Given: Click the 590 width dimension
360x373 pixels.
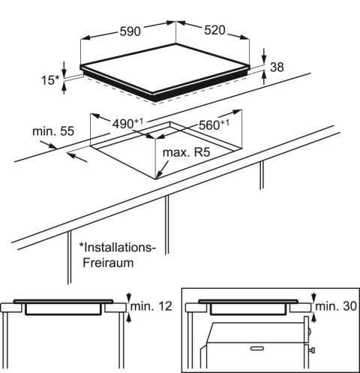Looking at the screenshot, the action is tap(130, 32).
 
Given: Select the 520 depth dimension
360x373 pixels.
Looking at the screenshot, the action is tap(214, 30).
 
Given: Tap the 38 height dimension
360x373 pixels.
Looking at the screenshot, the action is tap(277, 67).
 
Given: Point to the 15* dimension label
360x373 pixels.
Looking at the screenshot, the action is tap(50, 80).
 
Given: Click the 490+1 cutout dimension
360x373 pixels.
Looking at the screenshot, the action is tap(127, 124).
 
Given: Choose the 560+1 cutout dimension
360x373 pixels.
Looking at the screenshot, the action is tap(214, 125).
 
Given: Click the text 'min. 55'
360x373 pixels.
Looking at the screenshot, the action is tap(53, 131).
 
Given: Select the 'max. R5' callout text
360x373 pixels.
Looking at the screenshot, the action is tap(186, 152).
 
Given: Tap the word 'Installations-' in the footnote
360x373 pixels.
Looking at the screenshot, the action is tap(117, 248).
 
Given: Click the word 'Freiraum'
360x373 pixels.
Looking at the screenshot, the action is tap(108, 263).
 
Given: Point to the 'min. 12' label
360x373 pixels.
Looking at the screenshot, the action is tap(151, 306).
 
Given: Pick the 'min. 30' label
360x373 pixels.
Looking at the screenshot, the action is tap(336, 306).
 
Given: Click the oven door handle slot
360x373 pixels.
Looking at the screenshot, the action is tap(257, 348).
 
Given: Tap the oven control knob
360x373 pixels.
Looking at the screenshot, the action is tap(312, 350).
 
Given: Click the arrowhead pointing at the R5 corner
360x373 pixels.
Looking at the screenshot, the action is tap(160, 174).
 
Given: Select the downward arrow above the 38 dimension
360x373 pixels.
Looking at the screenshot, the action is tap(265, 56).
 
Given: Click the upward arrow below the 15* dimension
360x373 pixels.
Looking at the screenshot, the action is tap(64, 89).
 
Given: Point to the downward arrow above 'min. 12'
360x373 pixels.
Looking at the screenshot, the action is tap(129, 297).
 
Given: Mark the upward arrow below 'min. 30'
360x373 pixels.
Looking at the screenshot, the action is tap(313, 317).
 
